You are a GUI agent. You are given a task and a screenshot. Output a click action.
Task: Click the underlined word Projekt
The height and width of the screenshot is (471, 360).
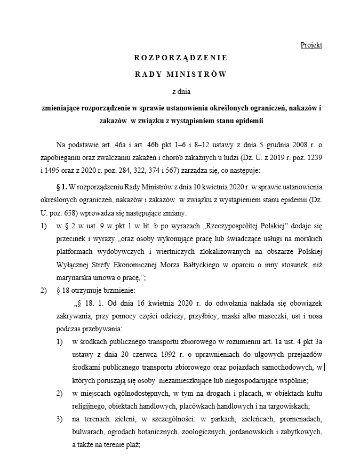311,45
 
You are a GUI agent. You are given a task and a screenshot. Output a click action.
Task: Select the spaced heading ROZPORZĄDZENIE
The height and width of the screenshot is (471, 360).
180,58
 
